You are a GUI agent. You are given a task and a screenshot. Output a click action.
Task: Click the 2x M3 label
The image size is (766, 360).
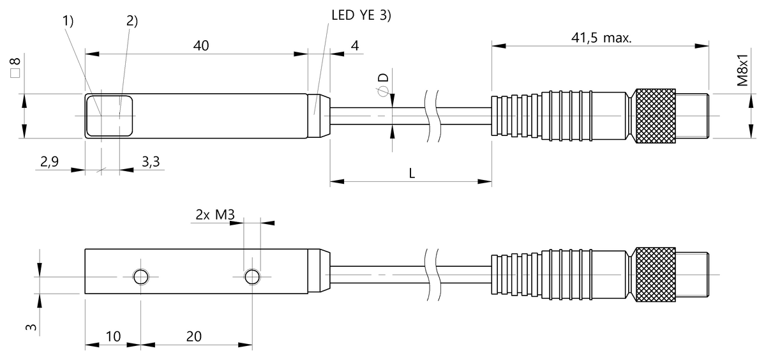click(x=215, y=216)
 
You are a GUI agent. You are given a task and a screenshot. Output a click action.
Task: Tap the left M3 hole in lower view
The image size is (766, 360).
click(x=140, y=276)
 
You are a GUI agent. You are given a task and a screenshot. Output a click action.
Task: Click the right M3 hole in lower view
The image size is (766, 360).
click(x=253, y=276)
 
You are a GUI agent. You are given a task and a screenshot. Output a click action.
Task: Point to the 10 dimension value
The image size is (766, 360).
click(x=112, y=336)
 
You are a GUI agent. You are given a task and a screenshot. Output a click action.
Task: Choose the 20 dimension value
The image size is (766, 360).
click(x=197, y=336)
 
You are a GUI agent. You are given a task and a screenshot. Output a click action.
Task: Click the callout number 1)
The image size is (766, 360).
click(x=69, y=21)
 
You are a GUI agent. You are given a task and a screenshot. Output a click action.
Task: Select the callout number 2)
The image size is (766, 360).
click(x=131, y=21)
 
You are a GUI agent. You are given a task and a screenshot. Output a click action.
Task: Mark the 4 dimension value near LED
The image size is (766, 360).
click(x=354, y=45)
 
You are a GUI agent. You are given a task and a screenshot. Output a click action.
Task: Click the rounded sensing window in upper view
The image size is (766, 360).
click(x=109, y=116)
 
